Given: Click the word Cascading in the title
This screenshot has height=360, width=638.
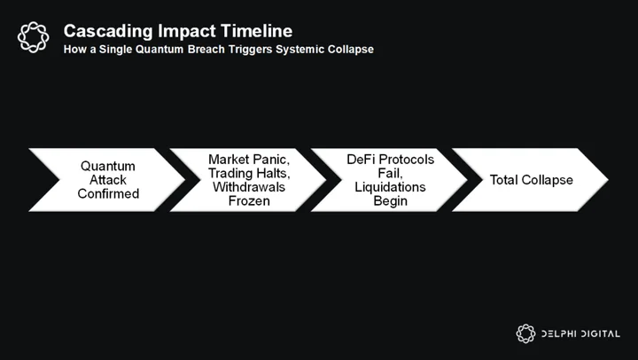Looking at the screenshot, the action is [108, 32].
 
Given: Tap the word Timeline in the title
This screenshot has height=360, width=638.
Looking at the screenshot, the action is [257, 31].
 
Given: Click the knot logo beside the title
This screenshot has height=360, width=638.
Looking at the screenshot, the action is [34, 37].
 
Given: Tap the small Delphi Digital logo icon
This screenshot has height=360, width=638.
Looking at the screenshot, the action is [525, 333].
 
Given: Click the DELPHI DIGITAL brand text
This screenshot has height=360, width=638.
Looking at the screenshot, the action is [580, 334].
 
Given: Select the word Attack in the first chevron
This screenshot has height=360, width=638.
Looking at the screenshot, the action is [108, 180].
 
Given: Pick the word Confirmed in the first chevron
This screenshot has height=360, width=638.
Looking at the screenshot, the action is [108, 193].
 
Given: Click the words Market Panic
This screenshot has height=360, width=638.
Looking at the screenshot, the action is [249, 160].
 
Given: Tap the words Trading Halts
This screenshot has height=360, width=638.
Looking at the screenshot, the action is [249, 173].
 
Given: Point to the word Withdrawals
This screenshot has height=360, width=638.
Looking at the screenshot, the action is [249, 187].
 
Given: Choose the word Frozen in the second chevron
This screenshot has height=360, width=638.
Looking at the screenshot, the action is [249, 200].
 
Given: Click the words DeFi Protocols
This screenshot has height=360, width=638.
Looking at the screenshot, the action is [390, 160].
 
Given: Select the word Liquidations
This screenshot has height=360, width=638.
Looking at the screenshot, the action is [390, 187].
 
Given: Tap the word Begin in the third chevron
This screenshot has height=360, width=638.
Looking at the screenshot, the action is [390, 200].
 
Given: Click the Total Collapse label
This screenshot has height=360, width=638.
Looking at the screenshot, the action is [532, 180].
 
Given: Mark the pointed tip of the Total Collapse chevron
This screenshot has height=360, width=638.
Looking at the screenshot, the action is [608, 180].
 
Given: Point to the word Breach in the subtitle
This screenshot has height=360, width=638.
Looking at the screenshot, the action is [206, 50].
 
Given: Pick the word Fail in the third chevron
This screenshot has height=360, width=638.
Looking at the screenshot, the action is [390, 174].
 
